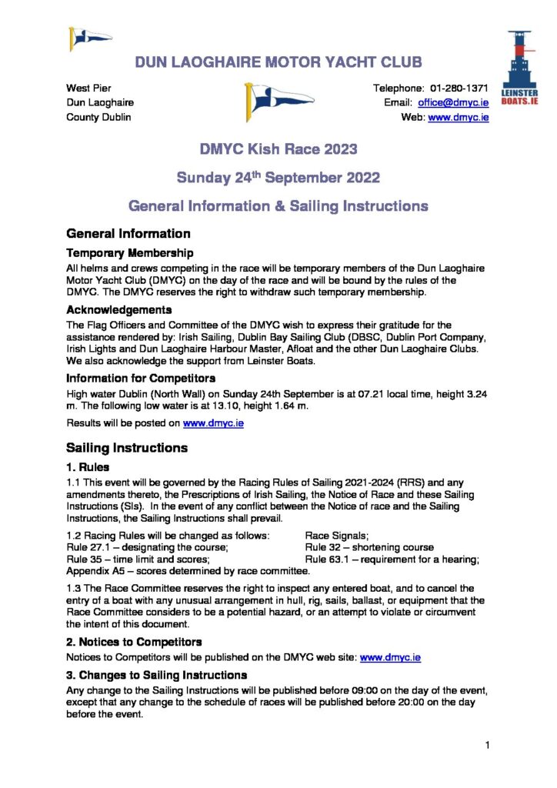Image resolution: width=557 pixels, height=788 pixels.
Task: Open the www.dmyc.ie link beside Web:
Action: tap(459, 118)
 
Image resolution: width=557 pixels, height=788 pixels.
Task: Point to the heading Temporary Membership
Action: tap(129, 253)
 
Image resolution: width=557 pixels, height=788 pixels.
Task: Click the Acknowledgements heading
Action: tap(118, 310)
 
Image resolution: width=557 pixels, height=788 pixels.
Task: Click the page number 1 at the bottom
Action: tap(488, 745)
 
